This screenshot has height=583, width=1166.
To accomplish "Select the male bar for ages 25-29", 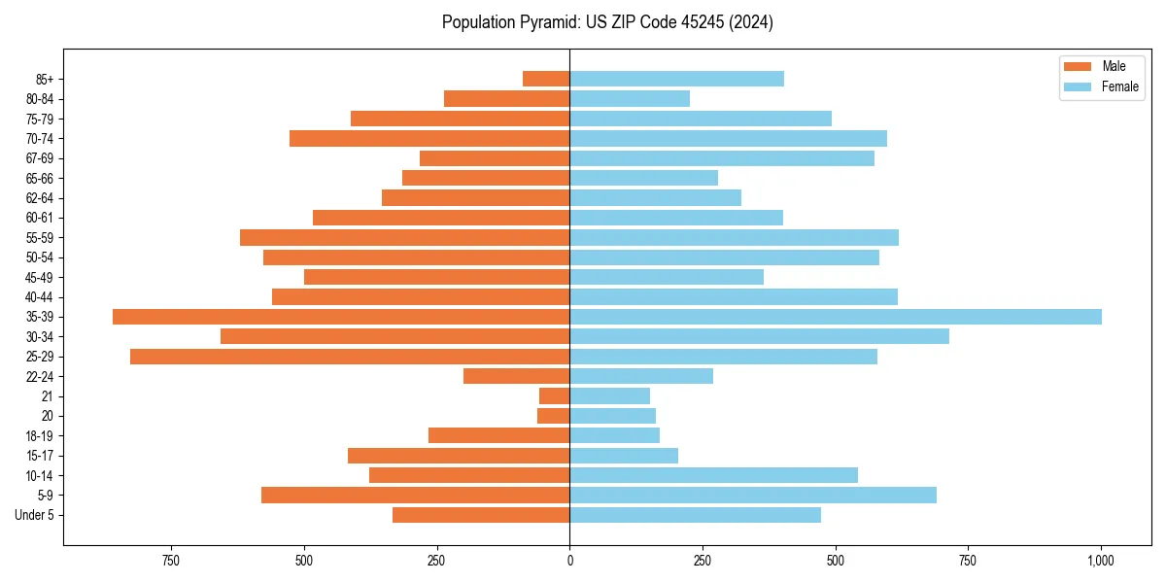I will pos(350,357).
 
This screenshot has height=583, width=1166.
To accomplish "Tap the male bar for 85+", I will pos(546,79).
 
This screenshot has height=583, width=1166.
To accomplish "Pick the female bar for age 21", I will pos(609,396).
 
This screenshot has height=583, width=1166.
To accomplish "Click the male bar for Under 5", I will pos(481,515).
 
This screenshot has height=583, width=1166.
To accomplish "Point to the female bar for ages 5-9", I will pos(753,496).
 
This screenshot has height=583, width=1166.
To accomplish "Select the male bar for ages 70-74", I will pos(429,139).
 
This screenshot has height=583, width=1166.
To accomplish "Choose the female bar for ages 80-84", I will pos(630,99).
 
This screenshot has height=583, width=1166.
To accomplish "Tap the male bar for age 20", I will pos(553,416).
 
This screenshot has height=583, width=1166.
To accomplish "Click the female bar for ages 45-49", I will pos(667,277).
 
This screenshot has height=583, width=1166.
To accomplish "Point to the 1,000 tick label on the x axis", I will pos(1101,561).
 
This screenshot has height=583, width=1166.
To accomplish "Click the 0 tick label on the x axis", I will pos(569,561).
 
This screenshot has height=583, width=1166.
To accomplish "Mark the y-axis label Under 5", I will pos(34,515).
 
